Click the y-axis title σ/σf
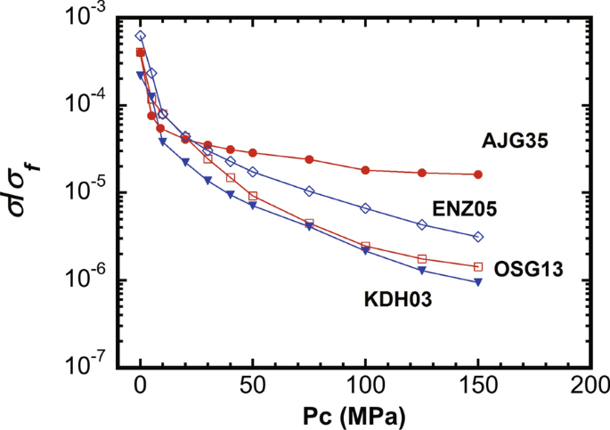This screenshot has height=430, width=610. tap(28, 191)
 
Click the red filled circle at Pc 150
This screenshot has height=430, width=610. tap(478, 174)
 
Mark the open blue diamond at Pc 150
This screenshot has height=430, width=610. tap(478, 237)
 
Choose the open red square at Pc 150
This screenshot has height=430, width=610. tap(478, 266)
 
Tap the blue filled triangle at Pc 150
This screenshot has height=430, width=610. tap(478, 282)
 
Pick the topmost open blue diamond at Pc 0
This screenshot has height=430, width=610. tap(141, 37)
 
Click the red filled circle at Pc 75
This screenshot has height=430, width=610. tap(309, 159)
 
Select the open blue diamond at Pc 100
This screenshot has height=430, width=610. tap(365, 207)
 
